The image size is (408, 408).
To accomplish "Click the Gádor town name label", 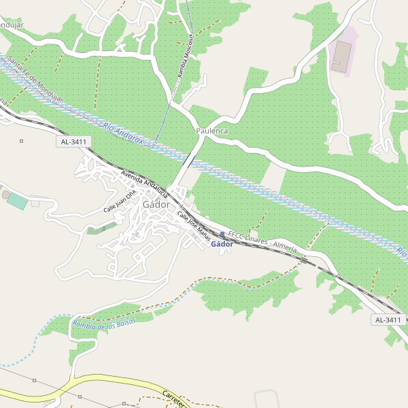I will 156,204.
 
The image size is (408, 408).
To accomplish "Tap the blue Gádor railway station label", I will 222,244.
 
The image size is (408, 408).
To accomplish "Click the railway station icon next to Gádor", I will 222,235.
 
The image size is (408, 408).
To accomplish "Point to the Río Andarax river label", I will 130,135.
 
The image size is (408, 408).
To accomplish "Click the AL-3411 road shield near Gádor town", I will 74,141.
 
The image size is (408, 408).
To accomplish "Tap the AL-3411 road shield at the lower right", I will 388,320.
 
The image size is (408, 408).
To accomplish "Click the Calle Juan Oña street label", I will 120,201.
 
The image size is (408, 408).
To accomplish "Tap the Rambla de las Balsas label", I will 103,324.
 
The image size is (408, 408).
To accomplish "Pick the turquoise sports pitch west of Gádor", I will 18,201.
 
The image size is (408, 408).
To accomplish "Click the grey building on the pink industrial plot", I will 341,57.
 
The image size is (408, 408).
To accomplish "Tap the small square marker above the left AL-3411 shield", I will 22,141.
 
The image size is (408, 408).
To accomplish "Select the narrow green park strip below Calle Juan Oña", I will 101,228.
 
